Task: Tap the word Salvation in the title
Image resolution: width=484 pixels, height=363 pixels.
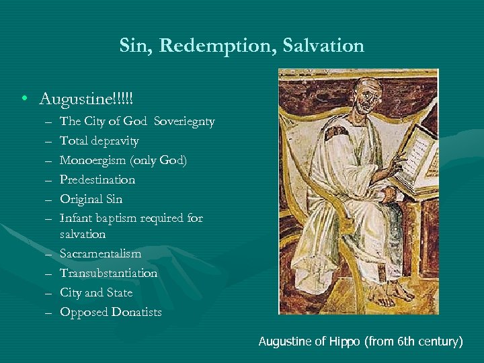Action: (x=325, y=46)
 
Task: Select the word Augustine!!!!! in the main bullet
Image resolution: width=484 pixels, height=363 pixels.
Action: (x=86, y=99)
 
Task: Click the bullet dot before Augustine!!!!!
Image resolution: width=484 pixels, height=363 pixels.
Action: (x=24, y=100)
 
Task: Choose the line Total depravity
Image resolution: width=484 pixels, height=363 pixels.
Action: (x=99, y=141)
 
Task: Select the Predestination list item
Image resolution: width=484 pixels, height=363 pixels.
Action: (x=97, y=180)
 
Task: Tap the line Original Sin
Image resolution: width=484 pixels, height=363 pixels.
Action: (x=91, y=200)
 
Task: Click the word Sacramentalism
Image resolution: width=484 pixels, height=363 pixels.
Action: (x=100, y=254)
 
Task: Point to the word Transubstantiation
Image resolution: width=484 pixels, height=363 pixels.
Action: (x=108, y=274)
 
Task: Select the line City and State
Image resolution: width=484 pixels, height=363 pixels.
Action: (x=96, y=293)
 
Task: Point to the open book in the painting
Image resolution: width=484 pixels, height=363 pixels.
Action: (x=416, y=159)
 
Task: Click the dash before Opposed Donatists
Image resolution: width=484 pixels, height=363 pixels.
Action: (x=50, y=313)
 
